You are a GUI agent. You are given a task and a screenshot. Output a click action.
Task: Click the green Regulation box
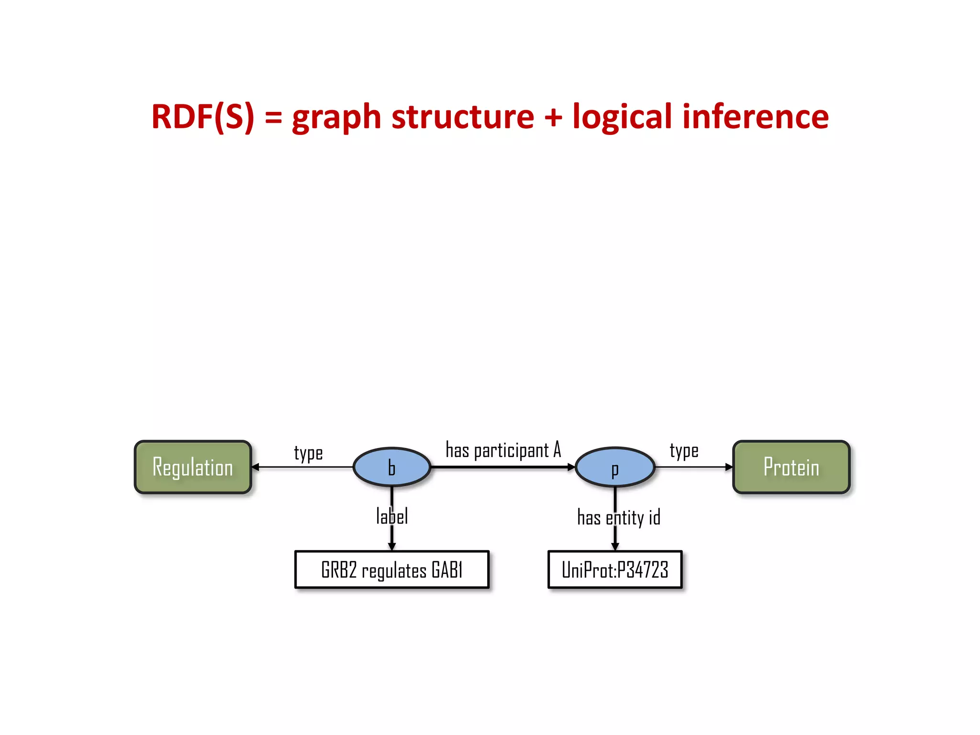[193, 467]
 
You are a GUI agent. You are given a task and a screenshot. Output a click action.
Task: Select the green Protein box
[791, 467]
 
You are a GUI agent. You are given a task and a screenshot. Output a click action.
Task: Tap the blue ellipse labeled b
[392, 467]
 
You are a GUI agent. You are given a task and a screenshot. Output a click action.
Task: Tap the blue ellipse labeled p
[615, 467]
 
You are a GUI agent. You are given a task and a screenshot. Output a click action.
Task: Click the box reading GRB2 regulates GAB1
[392, 569]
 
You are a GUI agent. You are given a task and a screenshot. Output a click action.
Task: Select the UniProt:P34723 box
[615, 569]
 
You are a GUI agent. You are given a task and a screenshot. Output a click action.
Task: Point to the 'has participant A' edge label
[503, 450]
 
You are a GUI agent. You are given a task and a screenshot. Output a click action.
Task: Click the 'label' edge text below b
[392, 517]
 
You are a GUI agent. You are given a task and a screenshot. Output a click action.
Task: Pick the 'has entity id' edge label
[619, 518]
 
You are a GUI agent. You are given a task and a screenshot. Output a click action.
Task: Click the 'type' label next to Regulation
[308, 453]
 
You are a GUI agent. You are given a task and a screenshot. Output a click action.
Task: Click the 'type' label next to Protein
[684, 451]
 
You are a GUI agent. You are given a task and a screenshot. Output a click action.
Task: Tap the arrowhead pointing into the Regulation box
[256, 467]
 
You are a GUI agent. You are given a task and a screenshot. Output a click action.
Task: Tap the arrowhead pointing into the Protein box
[729, 467]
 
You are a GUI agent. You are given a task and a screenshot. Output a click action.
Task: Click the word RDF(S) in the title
[203, 117]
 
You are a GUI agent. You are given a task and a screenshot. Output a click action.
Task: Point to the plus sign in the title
[553, 118]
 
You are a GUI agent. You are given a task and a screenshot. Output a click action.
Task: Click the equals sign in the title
[273, 118]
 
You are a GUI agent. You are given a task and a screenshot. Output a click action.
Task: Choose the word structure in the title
[463, 117]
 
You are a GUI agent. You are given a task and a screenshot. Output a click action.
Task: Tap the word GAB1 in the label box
[447, 570]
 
